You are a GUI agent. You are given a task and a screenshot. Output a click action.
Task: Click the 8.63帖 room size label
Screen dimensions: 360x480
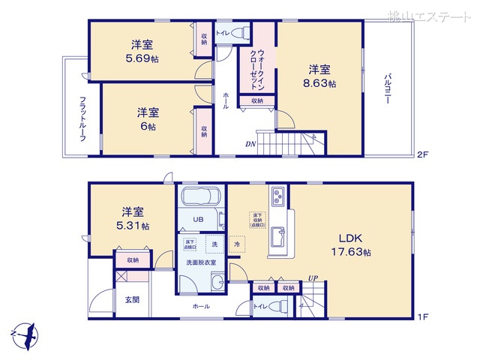pos(320,84)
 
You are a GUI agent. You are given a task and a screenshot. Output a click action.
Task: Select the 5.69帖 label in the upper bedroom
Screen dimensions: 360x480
pos(141,57)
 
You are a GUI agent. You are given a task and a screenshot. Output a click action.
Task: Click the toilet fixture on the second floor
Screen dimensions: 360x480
pos(239,34)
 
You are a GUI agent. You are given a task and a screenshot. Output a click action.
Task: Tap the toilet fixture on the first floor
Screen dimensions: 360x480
pos(278,306)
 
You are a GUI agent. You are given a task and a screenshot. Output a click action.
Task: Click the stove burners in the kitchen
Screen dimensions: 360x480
pos(276,197)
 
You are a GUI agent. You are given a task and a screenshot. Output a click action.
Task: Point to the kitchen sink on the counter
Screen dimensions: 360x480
pos(276,236)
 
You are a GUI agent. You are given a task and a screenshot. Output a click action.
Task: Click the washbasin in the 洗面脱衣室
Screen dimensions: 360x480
pos(217,283)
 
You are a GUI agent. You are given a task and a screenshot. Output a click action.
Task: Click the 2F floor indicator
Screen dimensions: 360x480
pos(422,156)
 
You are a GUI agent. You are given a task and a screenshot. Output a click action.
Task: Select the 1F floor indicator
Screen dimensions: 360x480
pos(422,317)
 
